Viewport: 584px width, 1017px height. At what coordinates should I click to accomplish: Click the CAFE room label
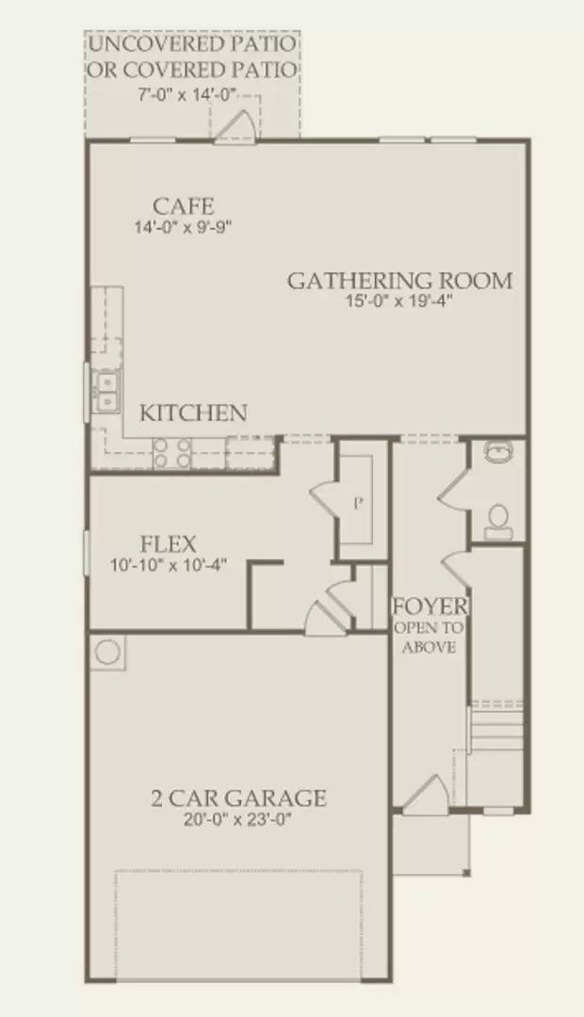tap(184, 205)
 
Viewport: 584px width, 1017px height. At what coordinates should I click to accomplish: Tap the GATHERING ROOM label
tap(399, 280)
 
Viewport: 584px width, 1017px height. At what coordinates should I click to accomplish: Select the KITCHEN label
tap(194, 412)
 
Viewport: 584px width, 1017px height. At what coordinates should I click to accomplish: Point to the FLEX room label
tap(168, 543)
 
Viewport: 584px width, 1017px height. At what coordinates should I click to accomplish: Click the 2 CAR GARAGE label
tap(238, 799)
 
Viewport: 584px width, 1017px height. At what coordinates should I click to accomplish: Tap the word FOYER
tap(430, 605)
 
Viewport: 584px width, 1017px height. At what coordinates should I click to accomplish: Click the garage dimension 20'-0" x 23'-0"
tap(238, 819)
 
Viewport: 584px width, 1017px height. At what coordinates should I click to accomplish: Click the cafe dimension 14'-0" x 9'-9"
tap(184, 226)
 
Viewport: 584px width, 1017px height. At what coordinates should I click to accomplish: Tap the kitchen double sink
tap(106, 392)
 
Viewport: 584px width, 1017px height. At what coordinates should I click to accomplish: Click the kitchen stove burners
tap(172, 453)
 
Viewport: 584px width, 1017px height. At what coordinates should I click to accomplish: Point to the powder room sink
tap(499, 453)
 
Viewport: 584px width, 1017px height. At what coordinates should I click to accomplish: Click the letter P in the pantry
tap(358, 503)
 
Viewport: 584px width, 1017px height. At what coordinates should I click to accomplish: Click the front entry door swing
tap(423, 793)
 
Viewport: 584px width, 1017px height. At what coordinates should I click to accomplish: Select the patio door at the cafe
tap(235, 126)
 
